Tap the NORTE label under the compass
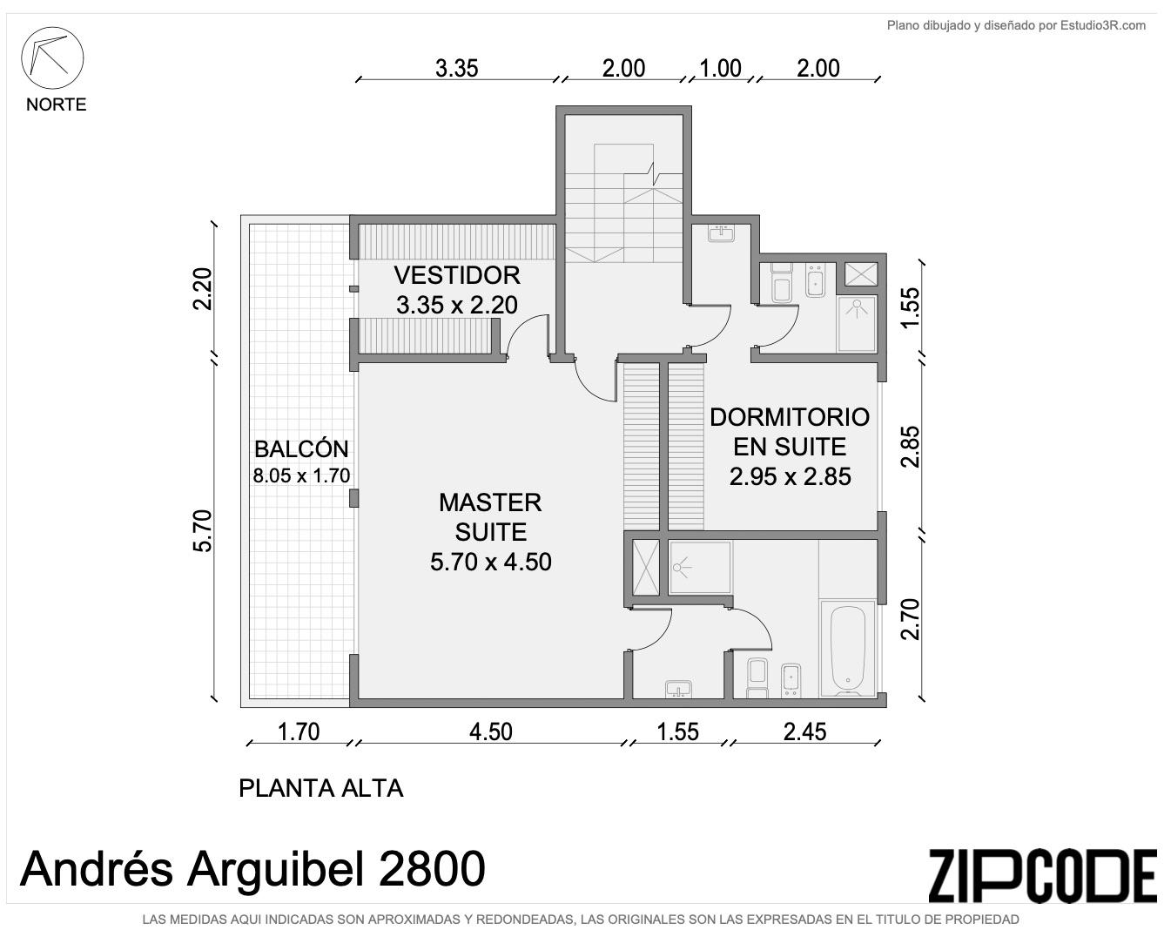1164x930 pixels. click(57, 104)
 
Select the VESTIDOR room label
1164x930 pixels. click(457, 275)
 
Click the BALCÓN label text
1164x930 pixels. click(301, 449)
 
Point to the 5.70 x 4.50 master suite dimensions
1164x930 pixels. click(491, 563)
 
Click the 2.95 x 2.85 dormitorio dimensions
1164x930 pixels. click(791, 476)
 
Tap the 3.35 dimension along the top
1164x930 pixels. click(457, 69)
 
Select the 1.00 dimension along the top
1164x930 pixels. click(721, 69)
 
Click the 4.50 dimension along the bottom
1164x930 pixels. click(491, 732)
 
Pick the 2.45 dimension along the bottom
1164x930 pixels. click(804, 732)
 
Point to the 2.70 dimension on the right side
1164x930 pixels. click(911, 619)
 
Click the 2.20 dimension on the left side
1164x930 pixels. click(203, 289)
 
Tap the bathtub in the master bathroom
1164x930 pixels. click(848, 649)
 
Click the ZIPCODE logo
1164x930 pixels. click(1042, 876)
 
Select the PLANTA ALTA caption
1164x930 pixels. click(320, 788)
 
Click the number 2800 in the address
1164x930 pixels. click(432, 869)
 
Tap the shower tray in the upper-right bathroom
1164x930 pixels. click(856, 324)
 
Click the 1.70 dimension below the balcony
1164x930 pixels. click(299, 732)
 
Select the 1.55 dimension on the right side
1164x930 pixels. click(911, 307)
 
